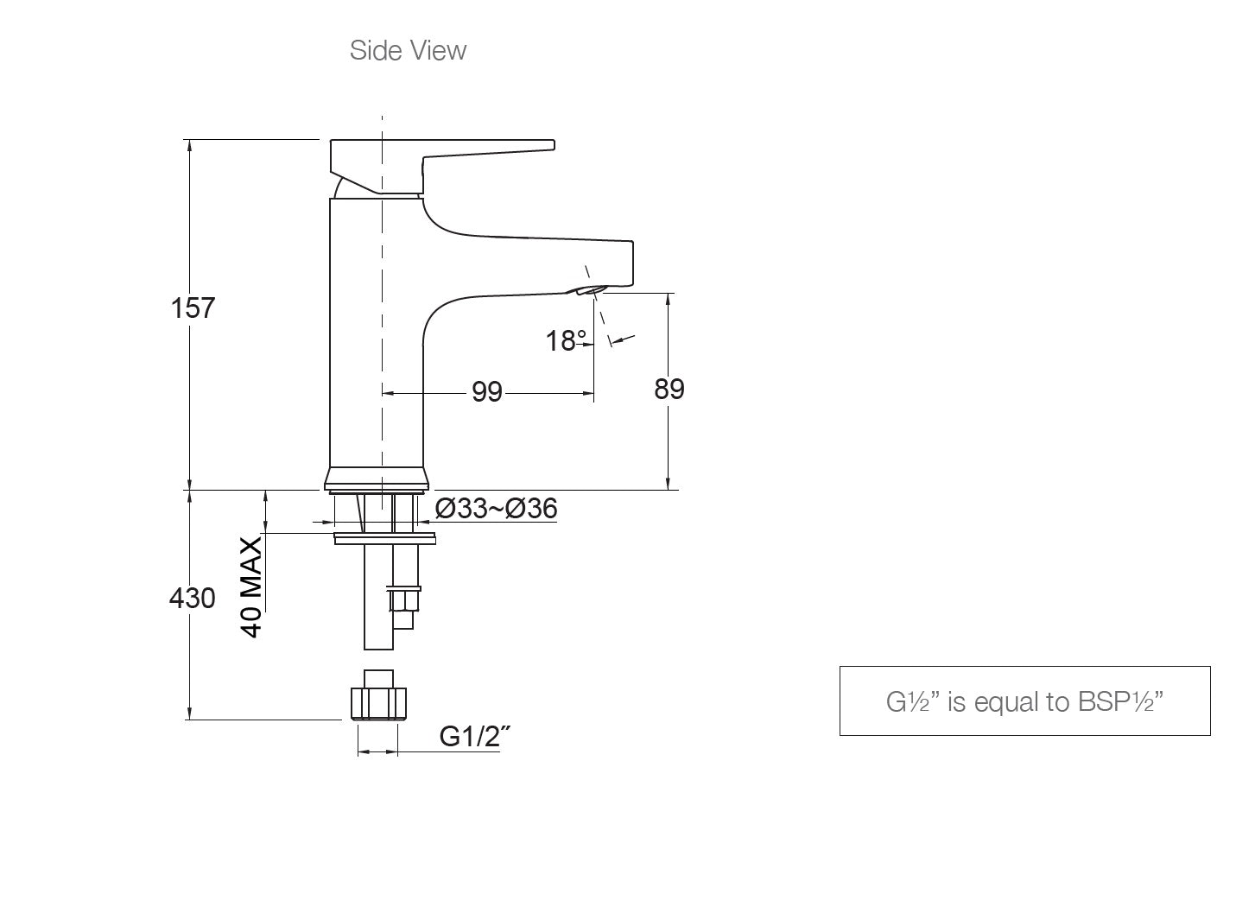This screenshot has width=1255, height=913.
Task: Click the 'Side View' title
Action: point(408,50)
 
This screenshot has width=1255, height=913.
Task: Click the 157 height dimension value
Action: point(192,308)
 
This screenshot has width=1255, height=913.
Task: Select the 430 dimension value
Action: point(192,597)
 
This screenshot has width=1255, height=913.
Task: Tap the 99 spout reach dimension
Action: point(487,392)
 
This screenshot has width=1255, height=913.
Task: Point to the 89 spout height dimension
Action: point(669,390)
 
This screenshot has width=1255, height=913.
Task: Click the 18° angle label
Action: point(566,341)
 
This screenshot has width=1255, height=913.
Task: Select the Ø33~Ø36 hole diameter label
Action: point(496,509)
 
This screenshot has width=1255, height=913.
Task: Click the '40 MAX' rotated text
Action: point(251,586)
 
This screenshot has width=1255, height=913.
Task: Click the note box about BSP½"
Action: point(1024,701)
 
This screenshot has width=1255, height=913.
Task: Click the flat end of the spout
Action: point(631,263)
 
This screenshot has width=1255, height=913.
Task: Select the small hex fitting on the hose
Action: point(405,599)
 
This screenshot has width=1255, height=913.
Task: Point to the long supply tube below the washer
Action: point(377,596)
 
